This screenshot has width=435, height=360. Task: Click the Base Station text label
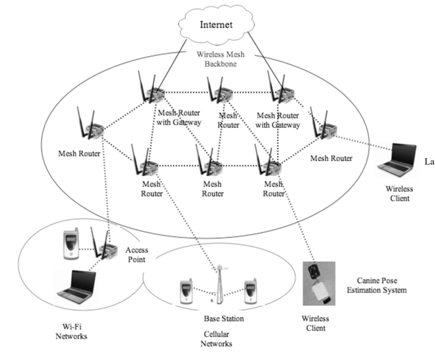tap(224, 319)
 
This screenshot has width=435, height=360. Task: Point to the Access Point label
tap(137, 255)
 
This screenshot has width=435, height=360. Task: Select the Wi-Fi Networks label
tap(72, 332)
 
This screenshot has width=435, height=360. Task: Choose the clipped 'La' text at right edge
tap(429, 162)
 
